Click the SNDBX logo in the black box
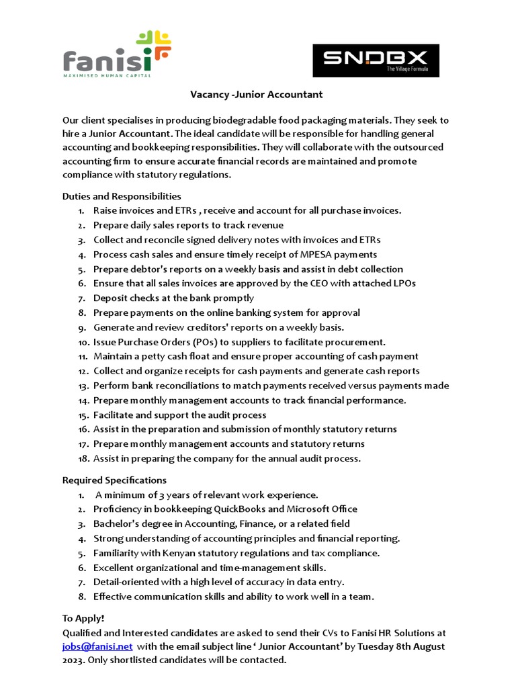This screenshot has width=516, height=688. (x=376, y=60)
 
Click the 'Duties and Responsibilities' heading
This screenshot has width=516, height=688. (x=122, y=196)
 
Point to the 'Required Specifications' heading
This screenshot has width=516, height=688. (x=114, y=480)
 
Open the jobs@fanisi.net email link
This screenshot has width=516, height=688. (x=97, y=646)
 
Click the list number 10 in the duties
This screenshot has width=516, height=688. (x=83, y=342)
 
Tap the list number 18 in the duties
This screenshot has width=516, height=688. (x=83, y=459)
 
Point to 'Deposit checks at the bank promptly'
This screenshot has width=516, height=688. (x=173, y=298)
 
